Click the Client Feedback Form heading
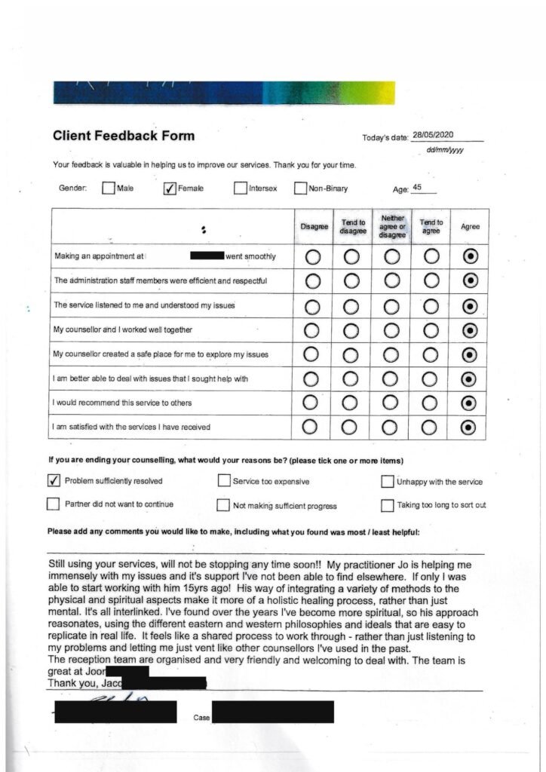tap(123, 136)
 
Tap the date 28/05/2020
tap(433, 135)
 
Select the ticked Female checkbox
tap(170, 188)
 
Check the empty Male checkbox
tap(108, 188)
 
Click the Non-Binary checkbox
tap(299, 188)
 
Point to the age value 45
tap(417, 188)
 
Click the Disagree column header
tap(314, 226)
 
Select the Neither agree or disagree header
tap(392, 225)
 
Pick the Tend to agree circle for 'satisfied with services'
tap(431, 427)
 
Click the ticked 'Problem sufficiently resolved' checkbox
tap(54, 480)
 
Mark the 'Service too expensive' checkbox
tap(224, 481)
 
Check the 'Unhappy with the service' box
tap(388, 481)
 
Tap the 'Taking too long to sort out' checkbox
tap(387, 505)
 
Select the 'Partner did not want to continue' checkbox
tap(54, 504)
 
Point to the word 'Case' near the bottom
tap(201, 718)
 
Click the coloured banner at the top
tap(224, 93)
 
